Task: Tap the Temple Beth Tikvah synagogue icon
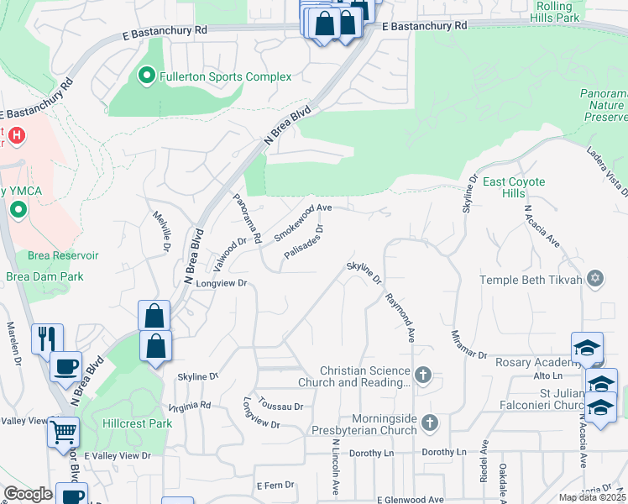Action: coord(596,279)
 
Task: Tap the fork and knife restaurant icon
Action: coord(46,339)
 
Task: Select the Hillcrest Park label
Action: coord(137,423)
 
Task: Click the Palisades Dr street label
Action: coord(303,242)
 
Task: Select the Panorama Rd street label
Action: coord(248,216)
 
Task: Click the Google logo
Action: coord(28,494)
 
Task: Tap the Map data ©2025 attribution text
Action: coord(592,497)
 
